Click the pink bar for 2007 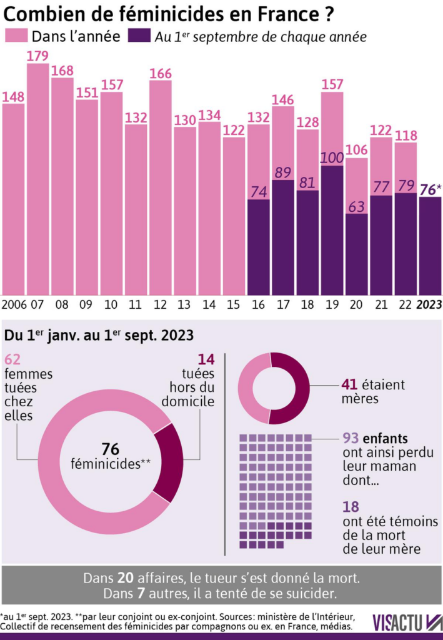pyautogui.click(x=37, y=181)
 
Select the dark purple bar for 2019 pyautogui.click(x=332, y=231)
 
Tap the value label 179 pyautogui.click(x=37, y=56)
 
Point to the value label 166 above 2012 pyautogui.click(x=161, y=73)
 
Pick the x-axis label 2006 pyautogui.click(x=13, y=305)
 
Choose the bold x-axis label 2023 pyautogui.click(x=430, y=305)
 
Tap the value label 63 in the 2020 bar pyautogui.click(x=356, y=207)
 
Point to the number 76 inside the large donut pyautogui.click(x=110, y=449)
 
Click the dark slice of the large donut pyautogui.click(x=167, y=462)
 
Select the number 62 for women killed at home pyautogui.click(x=13, y=359)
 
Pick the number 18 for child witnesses pyautogui.click(x=351, y=507)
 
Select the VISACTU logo pyautogui.click(x=407, y=622)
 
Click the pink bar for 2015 pyautogui.click(x=234, y=216)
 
